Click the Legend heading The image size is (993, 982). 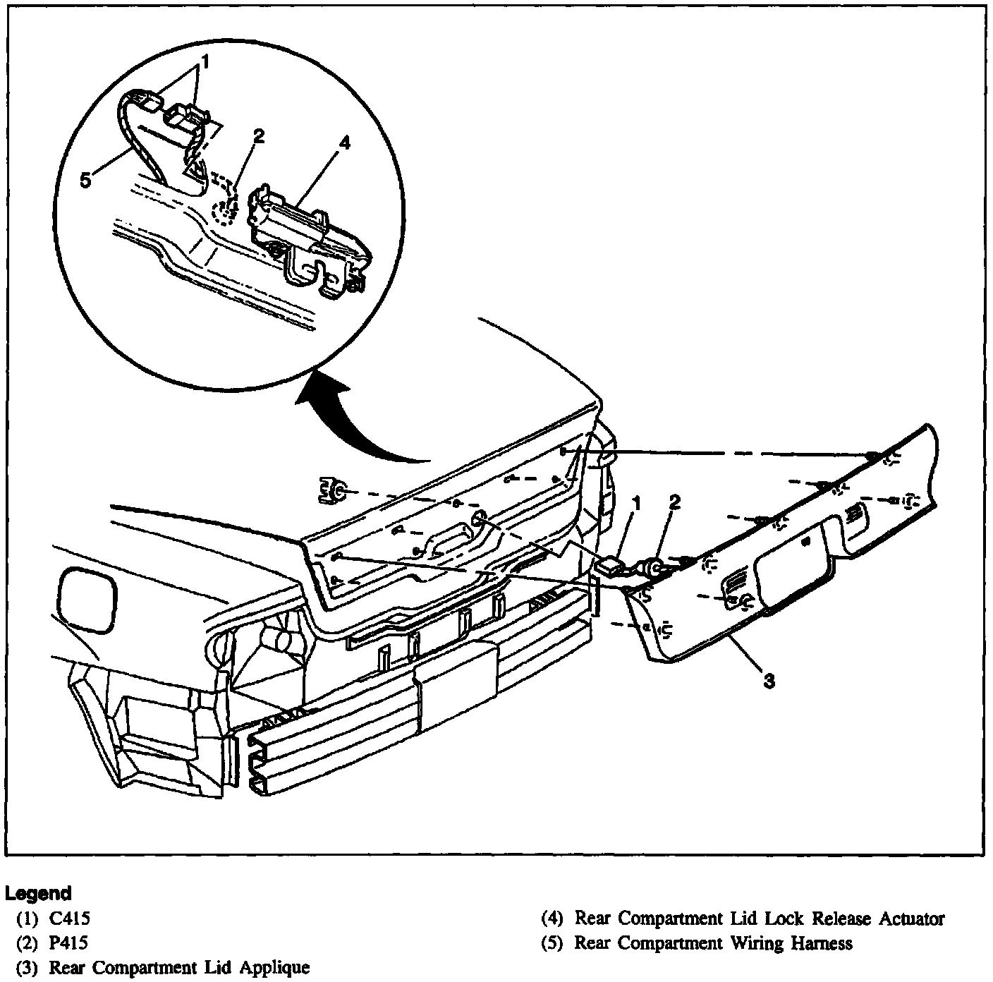tap(39, 894)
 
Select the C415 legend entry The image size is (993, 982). tap(59, 919)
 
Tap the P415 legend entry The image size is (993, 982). tap(59, 942)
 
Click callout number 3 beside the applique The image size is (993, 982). tap(769, 681)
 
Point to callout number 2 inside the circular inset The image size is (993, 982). tap(259, 136)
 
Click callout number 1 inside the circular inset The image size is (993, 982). tap(205, 63)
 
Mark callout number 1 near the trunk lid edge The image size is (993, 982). tap(636, 504)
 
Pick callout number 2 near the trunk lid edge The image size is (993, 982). tap(675, 502)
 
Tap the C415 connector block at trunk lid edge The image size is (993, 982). tap(609, 564)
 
